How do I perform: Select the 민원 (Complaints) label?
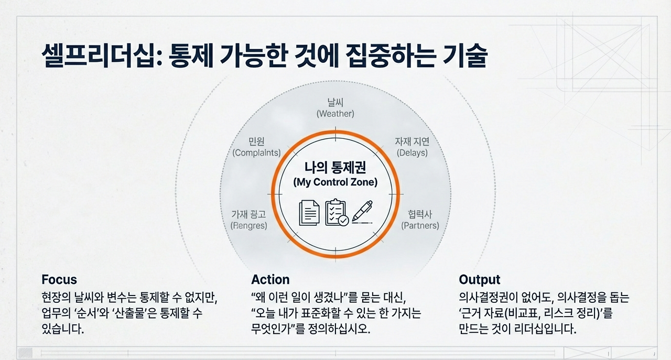coord(256,147)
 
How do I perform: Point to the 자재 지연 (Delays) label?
coord(412,147)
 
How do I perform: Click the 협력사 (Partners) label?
coord(420,220)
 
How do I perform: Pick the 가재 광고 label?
coord(248,220)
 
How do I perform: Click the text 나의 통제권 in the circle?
coord(335,168)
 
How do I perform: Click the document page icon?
coord(309,213)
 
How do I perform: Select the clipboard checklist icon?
coord(336,212)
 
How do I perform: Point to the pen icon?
coord(362,211)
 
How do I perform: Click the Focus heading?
coord(59,279)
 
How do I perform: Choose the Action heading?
coord(270,279)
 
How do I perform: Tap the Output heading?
coord(479,279)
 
